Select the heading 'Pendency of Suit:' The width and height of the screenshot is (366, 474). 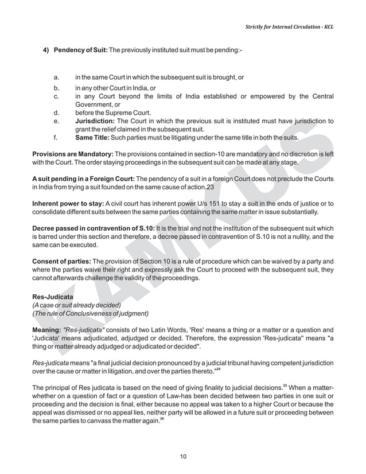coord(80,50)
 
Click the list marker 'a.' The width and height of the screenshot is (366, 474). coord(56,77)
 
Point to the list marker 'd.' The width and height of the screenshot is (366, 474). coord(56,113)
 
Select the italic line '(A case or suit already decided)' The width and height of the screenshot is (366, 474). coord(76,304)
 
